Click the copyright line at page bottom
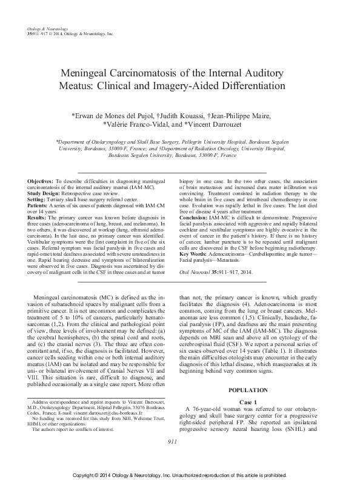(x=180, y=472)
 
